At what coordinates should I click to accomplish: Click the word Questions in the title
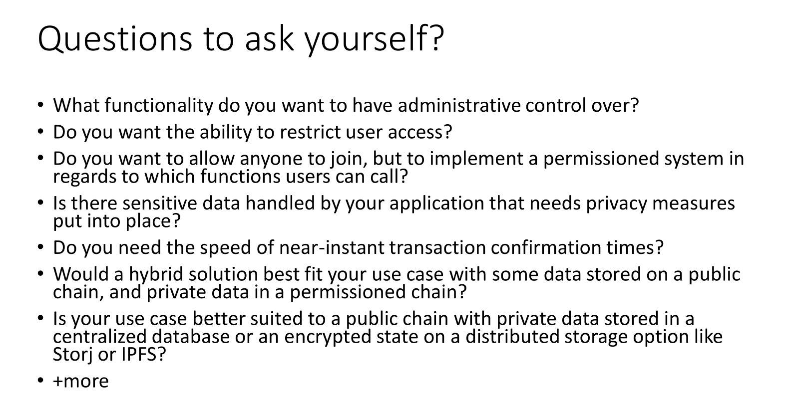click(x=115, y=39)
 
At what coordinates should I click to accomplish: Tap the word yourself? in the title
click(x=375, y=39)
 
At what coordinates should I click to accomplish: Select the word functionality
click(x=159, y=105)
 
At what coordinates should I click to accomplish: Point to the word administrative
click(x=459, y=105)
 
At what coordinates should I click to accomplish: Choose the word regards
click(x=84, y=177)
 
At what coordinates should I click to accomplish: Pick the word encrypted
click(x=328, y=337)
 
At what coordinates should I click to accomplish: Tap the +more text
click(x=80, y=381)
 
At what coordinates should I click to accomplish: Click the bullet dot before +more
click(x=40, y=381)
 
